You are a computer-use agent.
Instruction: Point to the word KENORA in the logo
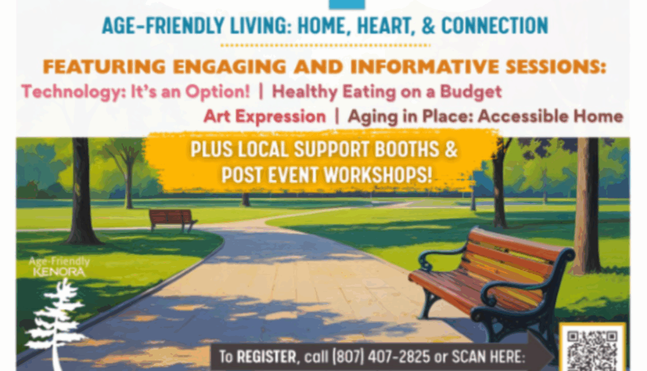(59, 272)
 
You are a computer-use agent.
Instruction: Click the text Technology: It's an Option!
(136, 91)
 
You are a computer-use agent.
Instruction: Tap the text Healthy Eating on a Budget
(387, 91)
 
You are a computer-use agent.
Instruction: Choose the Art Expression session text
(264, 117)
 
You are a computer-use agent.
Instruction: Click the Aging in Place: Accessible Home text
(485, 117)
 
